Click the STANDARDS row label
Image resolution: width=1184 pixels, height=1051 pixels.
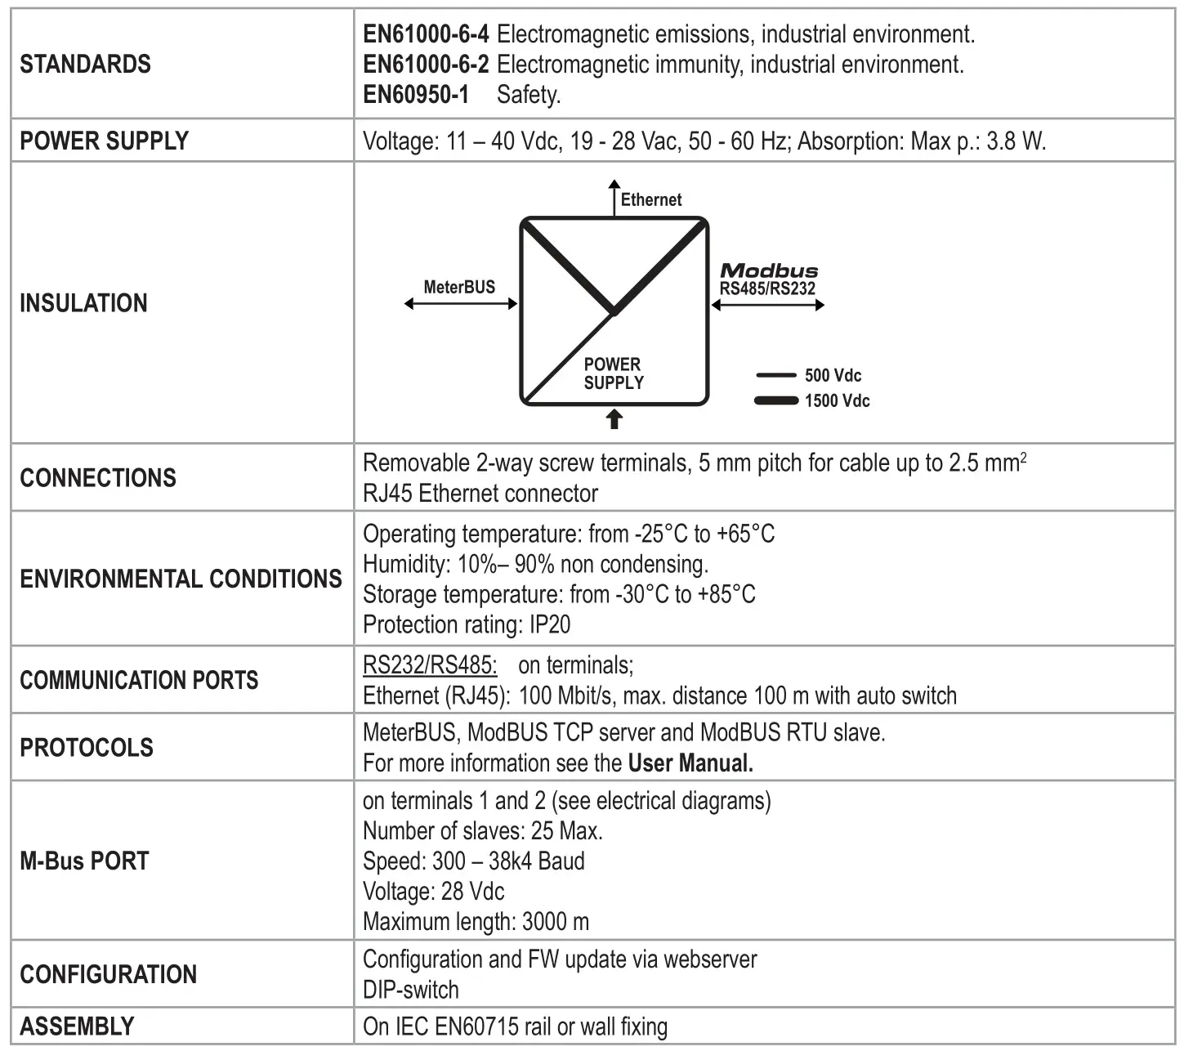[x=85, y=64]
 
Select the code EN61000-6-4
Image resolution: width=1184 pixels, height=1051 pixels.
[x=426, y=34]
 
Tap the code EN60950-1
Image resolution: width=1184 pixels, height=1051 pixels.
[x=416, y=95]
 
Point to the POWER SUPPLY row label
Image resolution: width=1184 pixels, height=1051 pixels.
[x=104, y=141]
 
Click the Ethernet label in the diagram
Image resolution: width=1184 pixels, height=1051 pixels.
[x=650, y=199]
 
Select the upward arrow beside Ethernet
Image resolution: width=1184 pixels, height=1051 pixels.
[x=614, y=197]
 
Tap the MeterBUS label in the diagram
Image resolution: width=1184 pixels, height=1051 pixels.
[x=459, y=287]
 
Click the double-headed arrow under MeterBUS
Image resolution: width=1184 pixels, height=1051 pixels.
[x=461, y=304]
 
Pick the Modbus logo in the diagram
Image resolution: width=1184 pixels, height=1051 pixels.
[x=768, y=271]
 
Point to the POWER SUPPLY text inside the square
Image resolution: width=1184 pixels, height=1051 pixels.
[x=614, y=373]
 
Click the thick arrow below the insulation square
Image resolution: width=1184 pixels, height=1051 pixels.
[x=614, y=419]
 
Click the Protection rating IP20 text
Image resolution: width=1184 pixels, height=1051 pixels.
[x=467, y=625]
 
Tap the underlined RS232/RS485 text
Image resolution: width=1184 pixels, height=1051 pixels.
[x=430, y=665]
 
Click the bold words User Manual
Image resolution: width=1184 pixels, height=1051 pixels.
[x=690, y=763]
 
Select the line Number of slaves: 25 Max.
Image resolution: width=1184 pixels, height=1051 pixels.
[x=482, y=831]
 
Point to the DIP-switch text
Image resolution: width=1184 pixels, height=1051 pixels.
[x=410, y=990]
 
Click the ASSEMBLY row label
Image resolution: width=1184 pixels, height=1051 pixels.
[x=77, y=1026]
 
